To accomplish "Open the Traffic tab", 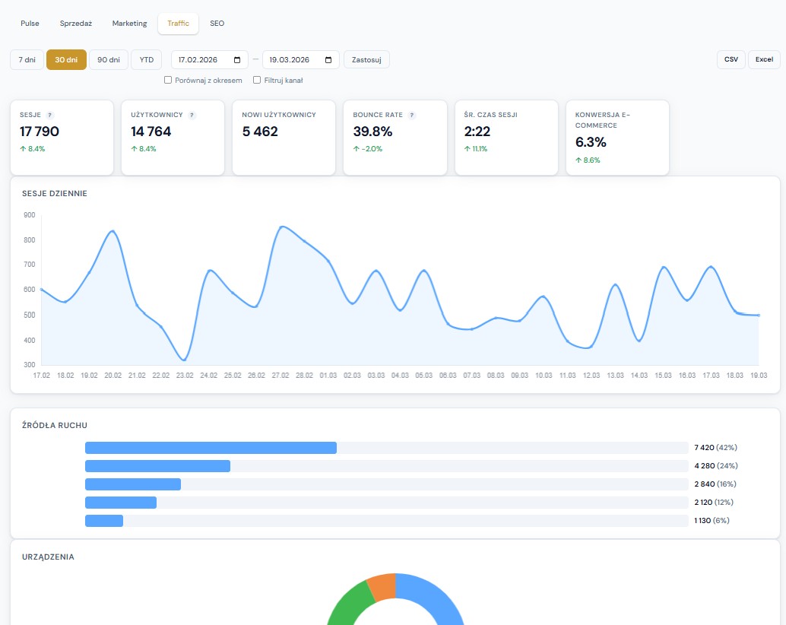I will click(178, 24).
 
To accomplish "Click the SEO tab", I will click(217, 24).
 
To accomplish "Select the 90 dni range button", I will click(108, 59).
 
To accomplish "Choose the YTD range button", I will click(146, 59).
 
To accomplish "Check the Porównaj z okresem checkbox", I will click(168, 80).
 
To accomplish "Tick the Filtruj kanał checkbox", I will click(257, 80).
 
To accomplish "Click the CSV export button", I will click(731, 59).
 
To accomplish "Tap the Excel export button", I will click(764, 59).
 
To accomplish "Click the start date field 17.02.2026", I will click(209, 59).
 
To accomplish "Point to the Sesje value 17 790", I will click(40, 132).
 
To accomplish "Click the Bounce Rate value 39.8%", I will click(372, 132).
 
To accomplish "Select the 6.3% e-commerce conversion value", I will click(591, 142).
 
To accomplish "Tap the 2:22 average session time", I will click(477, 132).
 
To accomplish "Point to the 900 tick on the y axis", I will click(30, 214).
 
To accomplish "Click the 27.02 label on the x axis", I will click(280, 376).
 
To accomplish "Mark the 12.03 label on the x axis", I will click(591, 376).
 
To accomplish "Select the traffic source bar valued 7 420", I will click(211, 448).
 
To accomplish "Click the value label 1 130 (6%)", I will click(711, 521).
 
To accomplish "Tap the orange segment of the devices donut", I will click(382, 587).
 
